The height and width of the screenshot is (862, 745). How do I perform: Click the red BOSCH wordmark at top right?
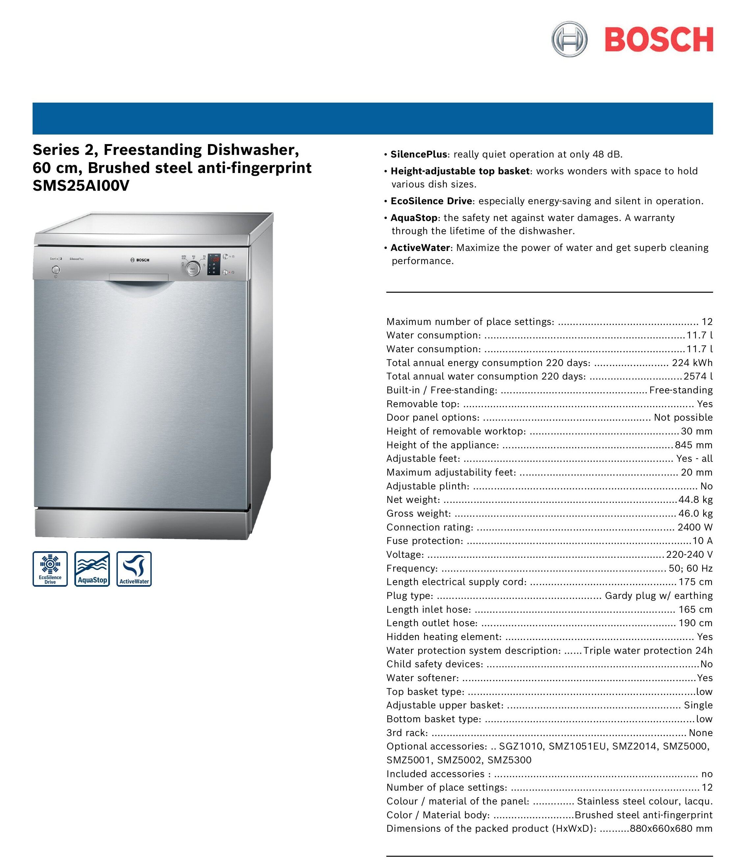click(x=659, y=40)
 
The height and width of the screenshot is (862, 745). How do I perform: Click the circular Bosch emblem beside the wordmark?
click(x=569, y=40)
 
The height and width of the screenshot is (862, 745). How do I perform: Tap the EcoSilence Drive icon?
click(x=50, y=569)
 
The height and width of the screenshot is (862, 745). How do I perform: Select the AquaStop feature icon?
click(x=92, y=569)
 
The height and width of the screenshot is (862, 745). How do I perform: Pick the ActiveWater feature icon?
click(x=134, y=569)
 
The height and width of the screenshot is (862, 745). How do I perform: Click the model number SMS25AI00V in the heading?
click(x=81, y=186)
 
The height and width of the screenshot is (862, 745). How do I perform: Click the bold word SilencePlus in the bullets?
click(x=418, y=154)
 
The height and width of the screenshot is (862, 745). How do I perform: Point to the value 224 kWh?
click(x=692, y=362)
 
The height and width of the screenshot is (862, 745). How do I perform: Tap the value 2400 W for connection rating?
click(x=695, y=527)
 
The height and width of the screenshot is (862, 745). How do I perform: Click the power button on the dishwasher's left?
click(x=55, y=270)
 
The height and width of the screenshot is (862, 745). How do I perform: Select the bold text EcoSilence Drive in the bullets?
click(x=431, y=201)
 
